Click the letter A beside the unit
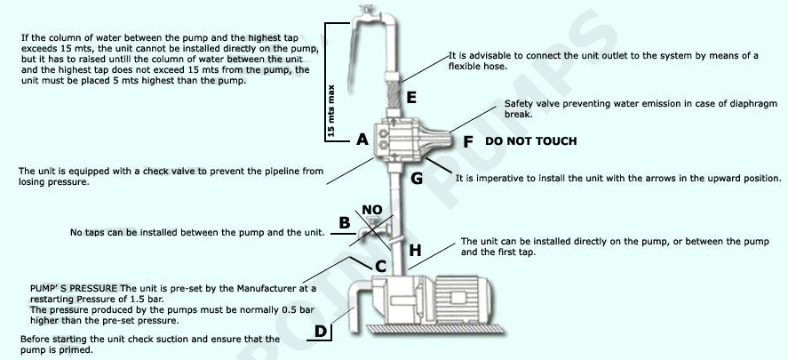click(x=362, y=140)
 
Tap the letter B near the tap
click(x=345, y=222)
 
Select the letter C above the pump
click(x=379, y=265)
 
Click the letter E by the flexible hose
click(x=410, y=96)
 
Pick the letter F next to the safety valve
click(x=468, y=140)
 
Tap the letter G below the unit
click(x=416, y=178)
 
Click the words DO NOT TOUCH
click(x=530, y=141)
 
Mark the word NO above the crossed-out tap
click(x=372, y=211)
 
